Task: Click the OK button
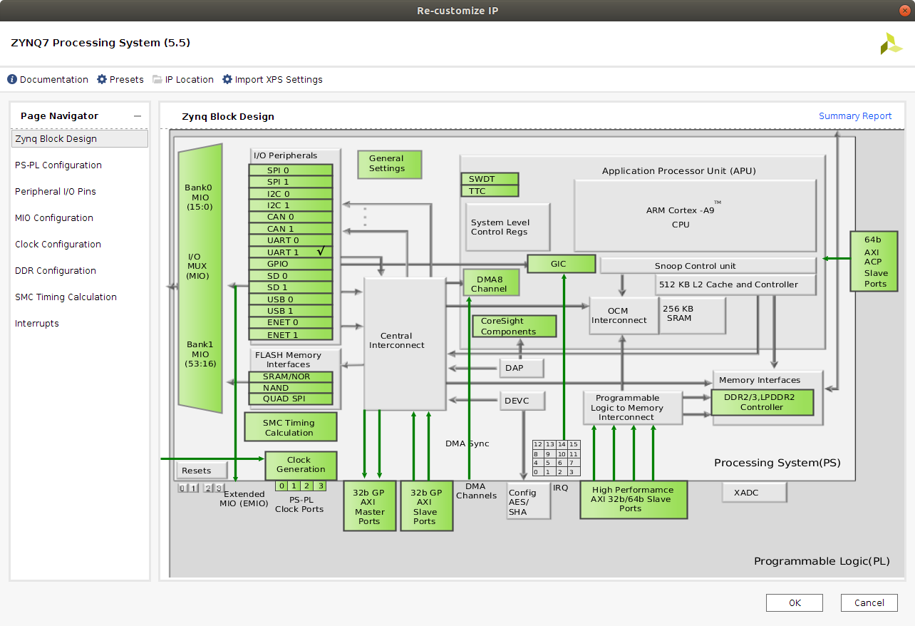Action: [794, 602]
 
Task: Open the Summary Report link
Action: [855, 116]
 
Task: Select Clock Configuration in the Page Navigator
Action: [58, 245]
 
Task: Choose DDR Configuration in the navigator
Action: [56, 270]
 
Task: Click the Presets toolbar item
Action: [120, 79]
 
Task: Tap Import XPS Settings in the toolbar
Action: [272, 79]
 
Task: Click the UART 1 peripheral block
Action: [291, 252]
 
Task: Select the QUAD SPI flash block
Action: [291, 399]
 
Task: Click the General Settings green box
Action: [389, 164]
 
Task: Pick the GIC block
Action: [562, 264]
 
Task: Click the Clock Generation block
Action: [301, 466]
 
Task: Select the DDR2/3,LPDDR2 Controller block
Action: [762, 403]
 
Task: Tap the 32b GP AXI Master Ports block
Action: [370, 506]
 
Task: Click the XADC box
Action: [754, 493]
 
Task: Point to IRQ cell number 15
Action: [574, 444]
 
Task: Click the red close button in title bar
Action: [904, 11]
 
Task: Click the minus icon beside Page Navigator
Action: [138, 116]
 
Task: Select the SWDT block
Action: [490, 179]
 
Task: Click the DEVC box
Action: [522, 401]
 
